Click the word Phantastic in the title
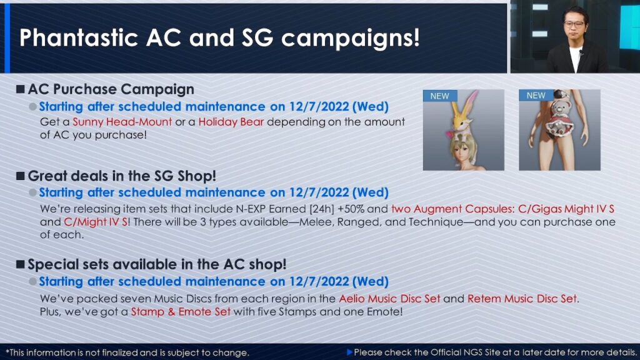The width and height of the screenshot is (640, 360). point(79,38)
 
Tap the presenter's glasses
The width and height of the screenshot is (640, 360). point(574,24)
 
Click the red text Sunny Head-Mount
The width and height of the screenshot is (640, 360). point(122,122)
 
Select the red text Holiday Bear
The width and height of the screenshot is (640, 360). point(231,122)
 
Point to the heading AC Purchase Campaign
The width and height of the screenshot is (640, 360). point(111,89)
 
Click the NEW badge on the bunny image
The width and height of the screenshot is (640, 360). point(439,96)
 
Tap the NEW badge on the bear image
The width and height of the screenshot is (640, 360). point(536,96)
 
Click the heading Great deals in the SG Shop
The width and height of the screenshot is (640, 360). point(122,176)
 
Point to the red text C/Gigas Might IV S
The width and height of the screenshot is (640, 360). point(566,209)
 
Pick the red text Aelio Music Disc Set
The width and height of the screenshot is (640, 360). point(390,299)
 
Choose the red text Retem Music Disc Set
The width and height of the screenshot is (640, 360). point(522,299)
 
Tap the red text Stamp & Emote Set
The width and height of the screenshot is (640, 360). point(181,312)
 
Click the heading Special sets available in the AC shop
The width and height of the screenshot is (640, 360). point(157,264)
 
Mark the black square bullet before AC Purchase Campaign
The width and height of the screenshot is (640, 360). point(21,89)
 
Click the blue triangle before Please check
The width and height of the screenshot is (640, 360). point(349,352)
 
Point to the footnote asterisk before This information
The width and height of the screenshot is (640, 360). point(7,351)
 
